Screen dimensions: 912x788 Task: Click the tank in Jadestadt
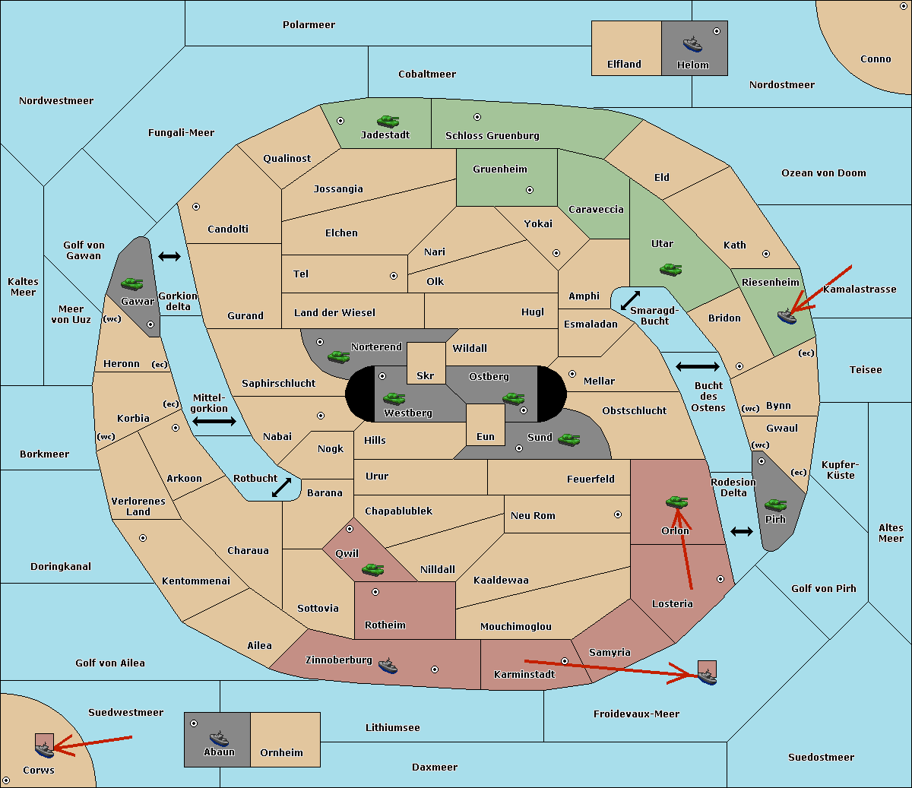tap(388, 121)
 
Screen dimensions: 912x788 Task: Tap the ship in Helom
tap(692, 44)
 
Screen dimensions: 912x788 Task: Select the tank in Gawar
tap(131, 283)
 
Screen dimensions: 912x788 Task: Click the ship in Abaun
tap(219, 739)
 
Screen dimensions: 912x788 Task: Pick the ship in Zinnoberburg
tap(388, 666)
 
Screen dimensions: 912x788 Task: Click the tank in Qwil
tap(373, 569)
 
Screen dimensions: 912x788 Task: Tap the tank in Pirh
tap(775, 505)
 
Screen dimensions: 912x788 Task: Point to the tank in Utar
tap(670, 270)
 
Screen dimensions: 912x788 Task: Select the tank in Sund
tap(568, 439)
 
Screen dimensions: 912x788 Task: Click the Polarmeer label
tap(309, 25)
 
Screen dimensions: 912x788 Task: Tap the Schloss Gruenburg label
tap(492, 135)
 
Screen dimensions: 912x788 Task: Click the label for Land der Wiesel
tap(334, 313)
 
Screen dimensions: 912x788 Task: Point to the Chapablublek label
tap(398, 511)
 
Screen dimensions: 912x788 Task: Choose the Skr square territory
tap(426, 363)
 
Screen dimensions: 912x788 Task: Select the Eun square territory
tap(486, 425)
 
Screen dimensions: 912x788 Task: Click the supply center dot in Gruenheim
tap(530, 190)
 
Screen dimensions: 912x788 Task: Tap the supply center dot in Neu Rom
tap(618, 514)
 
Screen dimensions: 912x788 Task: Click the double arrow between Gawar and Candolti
tap(169, 256)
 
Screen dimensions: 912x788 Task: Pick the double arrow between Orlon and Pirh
tap(742, 532)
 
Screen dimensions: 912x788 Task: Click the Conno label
tap(876, 59)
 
